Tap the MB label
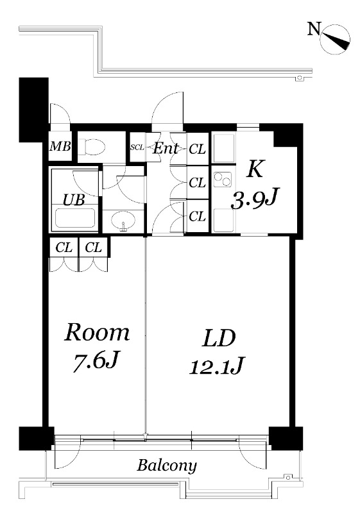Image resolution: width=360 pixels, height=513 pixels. [60, 146]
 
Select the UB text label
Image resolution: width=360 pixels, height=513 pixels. [74, 199]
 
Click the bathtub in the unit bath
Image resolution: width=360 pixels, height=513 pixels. [75, 218]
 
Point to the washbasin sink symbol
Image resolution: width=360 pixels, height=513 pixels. [123, 221]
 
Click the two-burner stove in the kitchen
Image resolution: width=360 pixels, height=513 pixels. [223, 180]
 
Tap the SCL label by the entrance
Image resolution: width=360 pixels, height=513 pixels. [137, 147]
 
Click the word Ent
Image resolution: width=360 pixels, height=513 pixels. [166, 149]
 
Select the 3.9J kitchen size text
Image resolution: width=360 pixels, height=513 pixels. [254, 200]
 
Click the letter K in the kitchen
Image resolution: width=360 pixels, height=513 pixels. [255, 170]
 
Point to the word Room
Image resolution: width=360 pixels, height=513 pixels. [97, 332]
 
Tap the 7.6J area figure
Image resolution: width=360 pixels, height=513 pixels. [95, 361]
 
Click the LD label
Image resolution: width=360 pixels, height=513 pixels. [219, 339]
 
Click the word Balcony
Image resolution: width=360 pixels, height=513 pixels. [167, 466]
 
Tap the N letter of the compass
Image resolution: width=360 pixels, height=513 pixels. [314, 28]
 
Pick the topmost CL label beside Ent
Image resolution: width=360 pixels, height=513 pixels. [198, 149]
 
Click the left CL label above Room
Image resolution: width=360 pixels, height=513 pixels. [64, 248]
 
